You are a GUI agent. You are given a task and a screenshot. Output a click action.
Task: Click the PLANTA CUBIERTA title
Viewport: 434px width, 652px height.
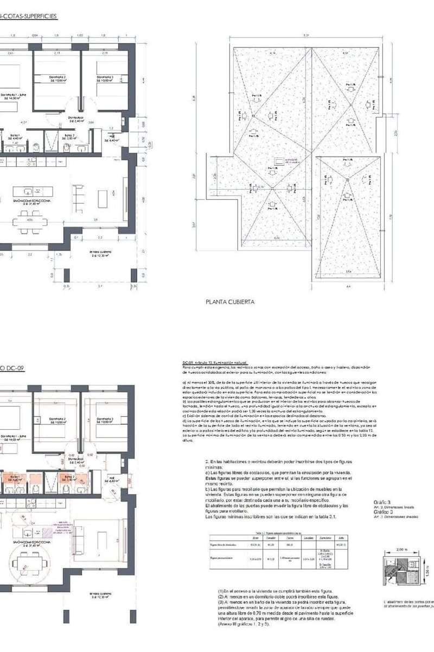pos(230,301)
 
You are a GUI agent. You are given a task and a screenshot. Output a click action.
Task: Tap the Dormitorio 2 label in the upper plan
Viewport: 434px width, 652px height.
pos(58,78)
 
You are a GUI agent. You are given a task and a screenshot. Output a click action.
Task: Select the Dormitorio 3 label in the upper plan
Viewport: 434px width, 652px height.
pos(105,78)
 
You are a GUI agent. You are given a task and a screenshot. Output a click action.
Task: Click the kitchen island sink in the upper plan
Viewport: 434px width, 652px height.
pos(37,190)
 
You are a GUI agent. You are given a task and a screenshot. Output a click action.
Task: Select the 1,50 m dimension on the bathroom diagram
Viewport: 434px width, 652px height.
pos(426,573)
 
